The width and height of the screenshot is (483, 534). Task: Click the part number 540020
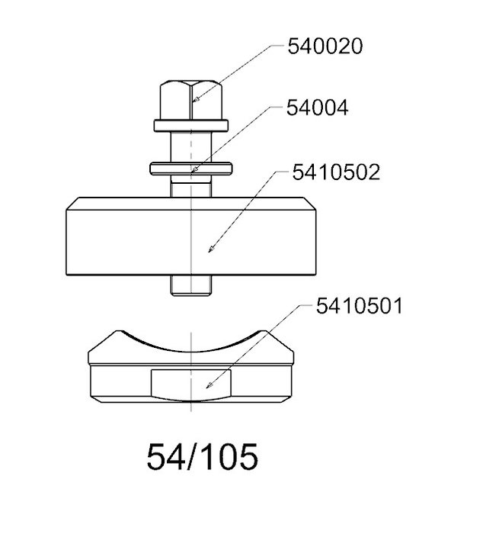(325, 47)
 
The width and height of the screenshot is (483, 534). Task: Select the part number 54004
(318, 108)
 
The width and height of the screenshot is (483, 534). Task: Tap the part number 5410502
(336, 172)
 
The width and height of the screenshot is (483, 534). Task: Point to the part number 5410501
(359, 306)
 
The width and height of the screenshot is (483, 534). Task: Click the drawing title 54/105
(203, 457)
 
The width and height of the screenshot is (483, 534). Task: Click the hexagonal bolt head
(191, 100)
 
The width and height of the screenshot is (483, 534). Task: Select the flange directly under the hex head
(190, 126)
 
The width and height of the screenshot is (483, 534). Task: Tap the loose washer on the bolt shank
(190, 169)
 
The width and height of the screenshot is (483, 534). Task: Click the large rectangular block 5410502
(190, 236)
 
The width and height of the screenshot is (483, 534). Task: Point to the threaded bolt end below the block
(190, 286)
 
